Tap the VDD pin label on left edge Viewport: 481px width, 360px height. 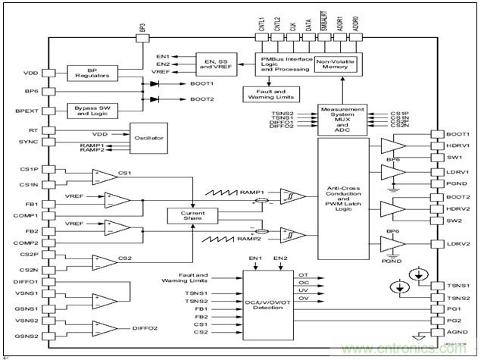30,74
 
